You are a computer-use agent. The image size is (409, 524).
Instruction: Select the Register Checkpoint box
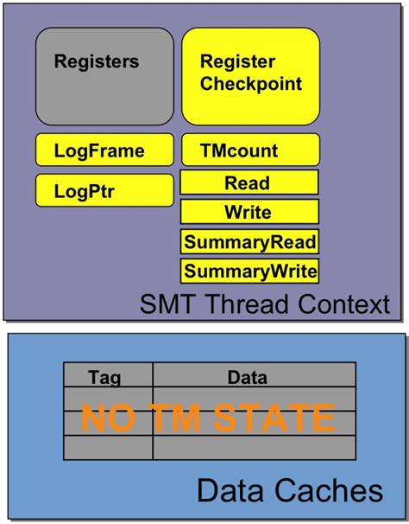point(250,75)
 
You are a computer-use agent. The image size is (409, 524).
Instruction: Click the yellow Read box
point(249,182)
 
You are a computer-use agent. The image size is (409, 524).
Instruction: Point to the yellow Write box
point(249,212)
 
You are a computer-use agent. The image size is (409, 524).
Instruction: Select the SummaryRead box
point(249,241)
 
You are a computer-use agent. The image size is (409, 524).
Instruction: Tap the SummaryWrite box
point(249,271)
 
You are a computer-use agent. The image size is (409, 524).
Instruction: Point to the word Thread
point(249,304)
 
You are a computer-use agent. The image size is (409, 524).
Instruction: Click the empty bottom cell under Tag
point(107,448)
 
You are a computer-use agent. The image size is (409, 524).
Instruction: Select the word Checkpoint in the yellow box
point(251,85)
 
